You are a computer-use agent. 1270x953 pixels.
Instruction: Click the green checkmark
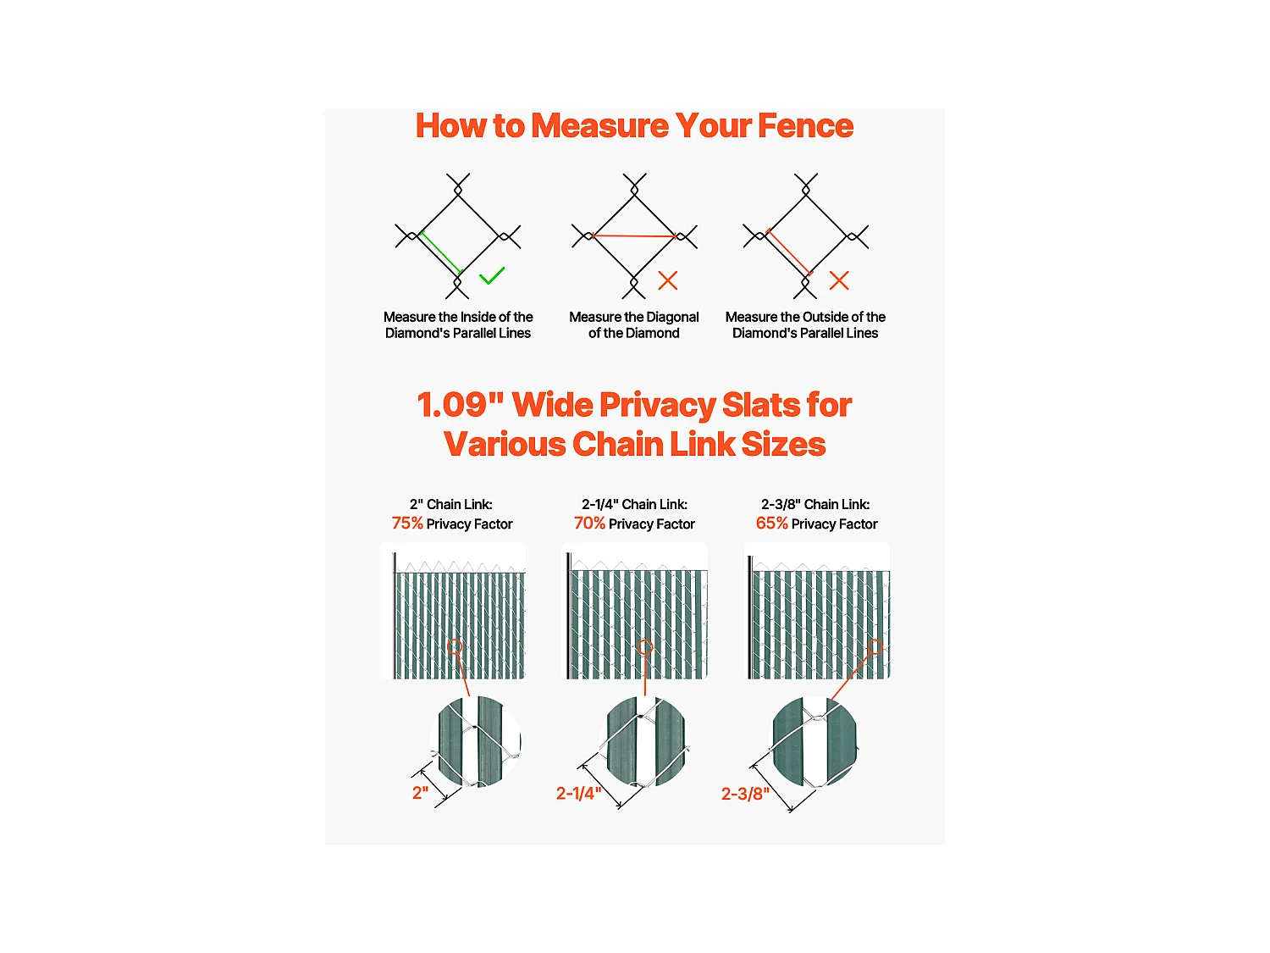491,275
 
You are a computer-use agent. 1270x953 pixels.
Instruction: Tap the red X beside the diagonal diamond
668,280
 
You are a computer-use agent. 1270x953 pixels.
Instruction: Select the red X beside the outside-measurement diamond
839,280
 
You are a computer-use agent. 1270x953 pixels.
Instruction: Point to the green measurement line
441,252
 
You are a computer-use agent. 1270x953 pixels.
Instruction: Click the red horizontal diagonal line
633,236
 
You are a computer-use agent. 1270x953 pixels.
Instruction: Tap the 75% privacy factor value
407,523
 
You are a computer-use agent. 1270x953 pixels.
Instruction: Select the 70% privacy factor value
589,523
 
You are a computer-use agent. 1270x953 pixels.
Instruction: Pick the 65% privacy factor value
772,523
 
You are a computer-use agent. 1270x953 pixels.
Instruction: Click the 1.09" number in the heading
460,404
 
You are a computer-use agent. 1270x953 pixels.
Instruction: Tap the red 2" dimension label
420,793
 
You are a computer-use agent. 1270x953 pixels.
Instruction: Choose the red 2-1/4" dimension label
578,793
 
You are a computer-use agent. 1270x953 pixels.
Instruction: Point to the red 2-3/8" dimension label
745,793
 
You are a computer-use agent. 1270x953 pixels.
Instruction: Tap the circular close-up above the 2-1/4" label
645,742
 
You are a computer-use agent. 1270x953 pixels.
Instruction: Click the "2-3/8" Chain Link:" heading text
815,504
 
